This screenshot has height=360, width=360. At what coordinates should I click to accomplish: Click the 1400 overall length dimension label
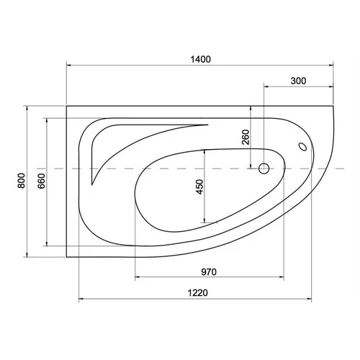coord(201,59)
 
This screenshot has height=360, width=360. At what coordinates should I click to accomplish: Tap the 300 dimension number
coord(298,81)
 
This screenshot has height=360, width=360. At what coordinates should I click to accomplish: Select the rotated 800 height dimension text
coord(22,181)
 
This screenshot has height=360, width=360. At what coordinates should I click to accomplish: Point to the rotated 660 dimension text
coord(41,181)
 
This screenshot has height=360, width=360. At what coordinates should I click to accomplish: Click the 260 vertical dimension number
coord(246,137)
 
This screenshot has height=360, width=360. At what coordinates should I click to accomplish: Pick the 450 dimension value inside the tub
coord(199,186)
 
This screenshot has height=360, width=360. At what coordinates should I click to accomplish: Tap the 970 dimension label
coord(209,272)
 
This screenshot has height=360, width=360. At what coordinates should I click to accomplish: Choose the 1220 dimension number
coord(197,293)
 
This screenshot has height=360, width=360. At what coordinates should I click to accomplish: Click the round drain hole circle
coord(264,168)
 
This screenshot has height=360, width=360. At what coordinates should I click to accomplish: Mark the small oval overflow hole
coord(302,147)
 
